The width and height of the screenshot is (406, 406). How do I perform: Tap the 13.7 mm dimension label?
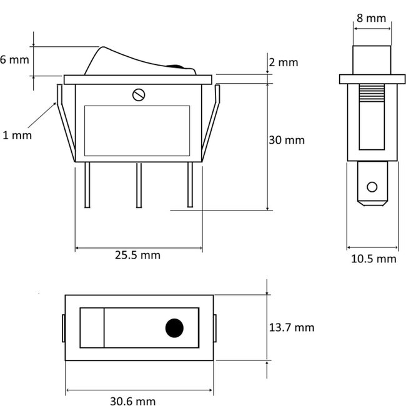point(291,327)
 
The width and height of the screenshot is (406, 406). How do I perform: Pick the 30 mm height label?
point(287,140)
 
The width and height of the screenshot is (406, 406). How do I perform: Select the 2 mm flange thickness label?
point(284,62)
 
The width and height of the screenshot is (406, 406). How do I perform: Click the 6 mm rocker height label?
point(14,61)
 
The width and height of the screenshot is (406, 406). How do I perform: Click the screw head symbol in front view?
point(139,95)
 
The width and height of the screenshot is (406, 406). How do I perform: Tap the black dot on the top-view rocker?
point(174,327)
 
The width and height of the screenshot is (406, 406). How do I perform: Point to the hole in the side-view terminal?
point(372,187)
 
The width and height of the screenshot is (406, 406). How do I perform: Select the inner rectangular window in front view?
point(137,130)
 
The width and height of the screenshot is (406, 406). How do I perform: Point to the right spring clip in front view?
point(213,122)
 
